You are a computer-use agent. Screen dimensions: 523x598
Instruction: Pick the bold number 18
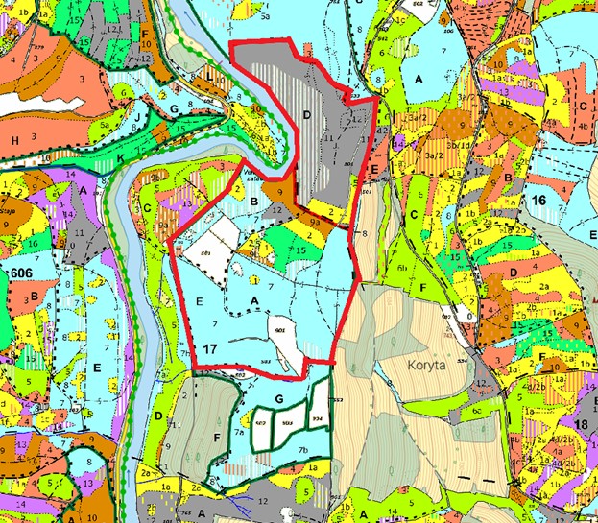(580, 425)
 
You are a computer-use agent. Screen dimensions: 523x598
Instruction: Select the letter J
(140, 119)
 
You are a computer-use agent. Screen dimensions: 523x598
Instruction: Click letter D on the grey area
(307, 115)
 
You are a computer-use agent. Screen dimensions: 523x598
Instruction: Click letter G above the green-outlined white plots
(279, 397)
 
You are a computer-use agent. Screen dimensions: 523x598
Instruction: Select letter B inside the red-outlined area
(254, 202)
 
